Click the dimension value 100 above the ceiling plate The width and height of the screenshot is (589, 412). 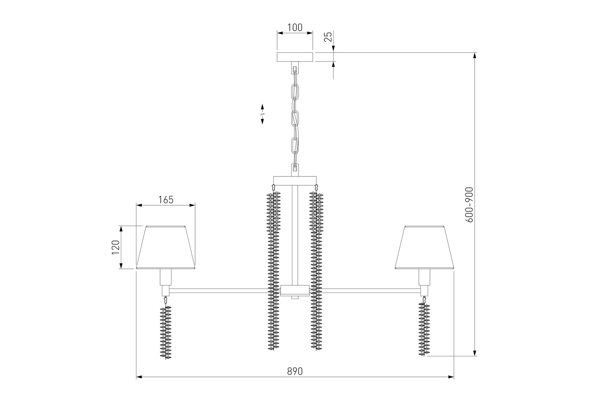click(x=295, y=27)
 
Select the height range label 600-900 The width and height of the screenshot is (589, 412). click(x=469, y=205)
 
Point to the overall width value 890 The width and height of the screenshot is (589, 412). click(x=295, y=371)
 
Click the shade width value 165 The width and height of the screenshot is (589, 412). click(x=166, y=199)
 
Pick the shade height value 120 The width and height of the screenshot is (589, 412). click(x=115, y=247)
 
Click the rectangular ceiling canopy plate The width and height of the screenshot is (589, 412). click(x=295, y=57)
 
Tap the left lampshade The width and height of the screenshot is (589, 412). click(x=166, y=247)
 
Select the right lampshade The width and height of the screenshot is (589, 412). click(x=424, y=247)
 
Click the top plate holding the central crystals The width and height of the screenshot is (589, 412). click(x=295, y=181)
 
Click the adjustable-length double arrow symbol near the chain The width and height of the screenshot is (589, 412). click(x=262, y=114)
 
